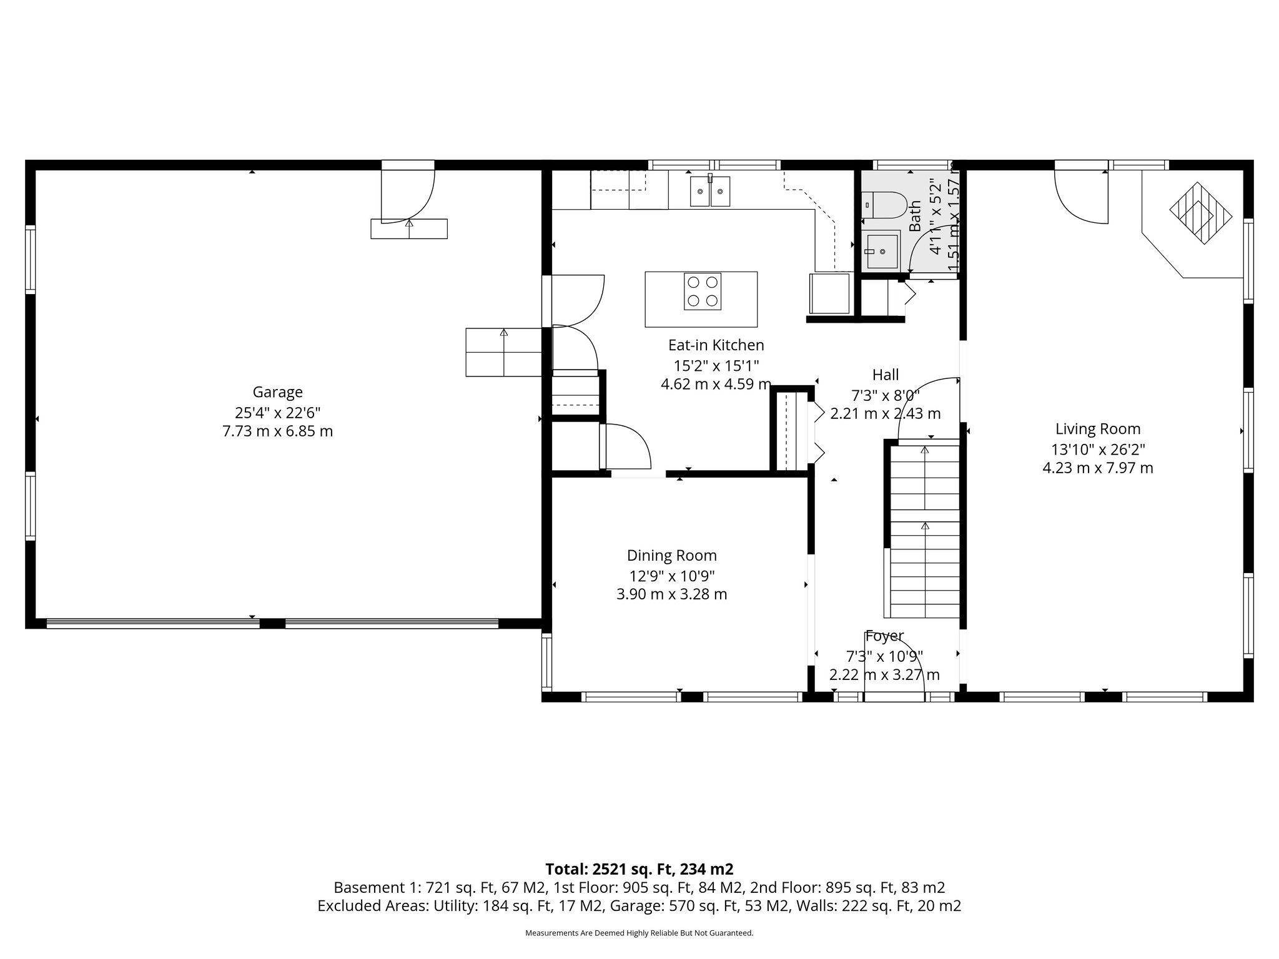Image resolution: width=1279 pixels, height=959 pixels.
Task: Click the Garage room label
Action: coord(277,392)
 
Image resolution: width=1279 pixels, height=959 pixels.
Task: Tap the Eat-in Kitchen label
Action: coord(716,345)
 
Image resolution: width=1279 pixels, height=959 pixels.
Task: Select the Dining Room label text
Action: coord(671,556)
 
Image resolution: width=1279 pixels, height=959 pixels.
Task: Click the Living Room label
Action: coord(1097,429)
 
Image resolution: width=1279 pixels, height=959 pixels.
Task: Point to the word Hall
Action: coord(885,375)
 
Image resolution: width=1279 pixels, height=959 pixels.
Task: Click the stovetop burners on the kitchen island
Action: coord(702,291)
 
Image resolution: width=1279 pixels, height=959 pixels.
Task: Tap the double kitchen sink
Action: coord(710,191)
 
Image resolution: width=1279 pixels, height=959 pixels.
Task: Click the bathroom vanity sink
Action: coord(881,251)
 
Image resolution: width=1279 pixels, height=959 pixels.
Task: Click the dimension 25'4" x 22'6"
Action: coord(277,412)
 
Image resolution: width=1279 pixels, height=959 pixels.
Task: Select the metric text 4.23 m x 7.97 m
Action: coord(1097,468)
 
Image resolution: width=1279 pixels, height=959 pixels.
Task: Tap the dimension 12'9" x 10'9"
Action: coord(671,575)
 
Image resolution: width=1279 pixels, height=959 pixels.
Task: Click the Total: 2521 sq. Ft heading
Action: coord(639,869)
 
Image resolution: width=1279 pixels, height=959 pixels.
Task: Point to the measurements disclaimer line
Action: coord(639,933)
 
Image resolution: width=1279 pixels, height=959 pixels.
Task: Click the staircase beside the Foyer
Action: coord(924,531)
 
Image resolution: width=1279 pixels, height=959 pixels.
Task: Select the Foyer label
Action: coord(884,636)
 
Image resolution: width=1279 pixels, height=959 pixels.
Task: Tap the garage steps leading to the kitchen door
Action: coord(503,352)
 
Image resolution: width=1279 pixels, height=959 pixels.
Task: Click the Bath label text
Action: coord(915,216)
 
